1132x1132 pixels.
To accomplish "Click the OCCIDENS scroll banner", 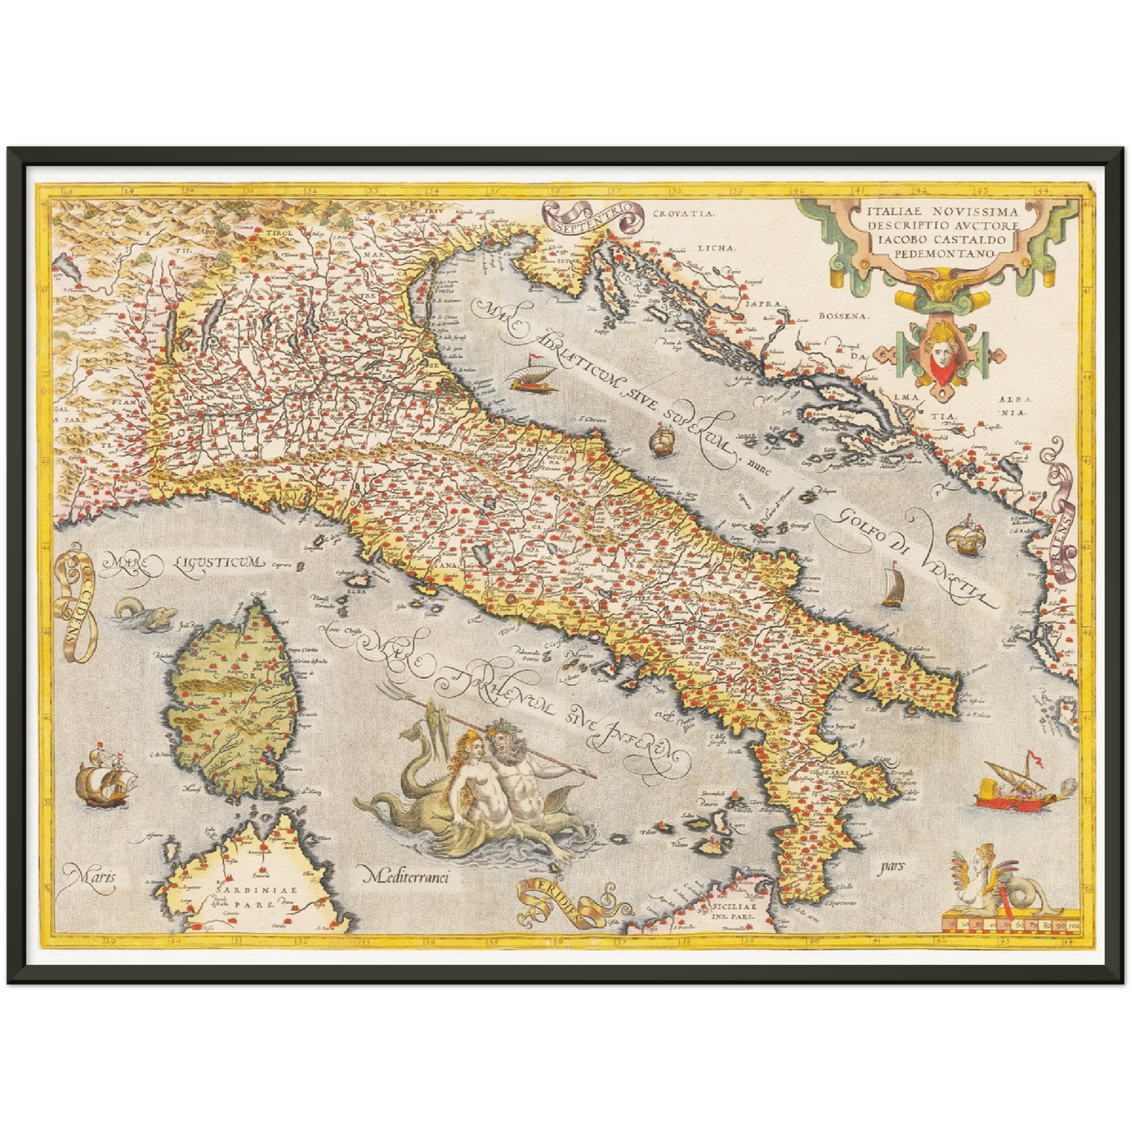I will point(77,606).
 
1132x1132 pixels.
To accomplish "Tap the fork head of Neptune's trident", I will point(389,691).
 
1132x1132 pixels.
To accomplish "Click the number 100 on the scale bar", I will point(1071,926).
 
